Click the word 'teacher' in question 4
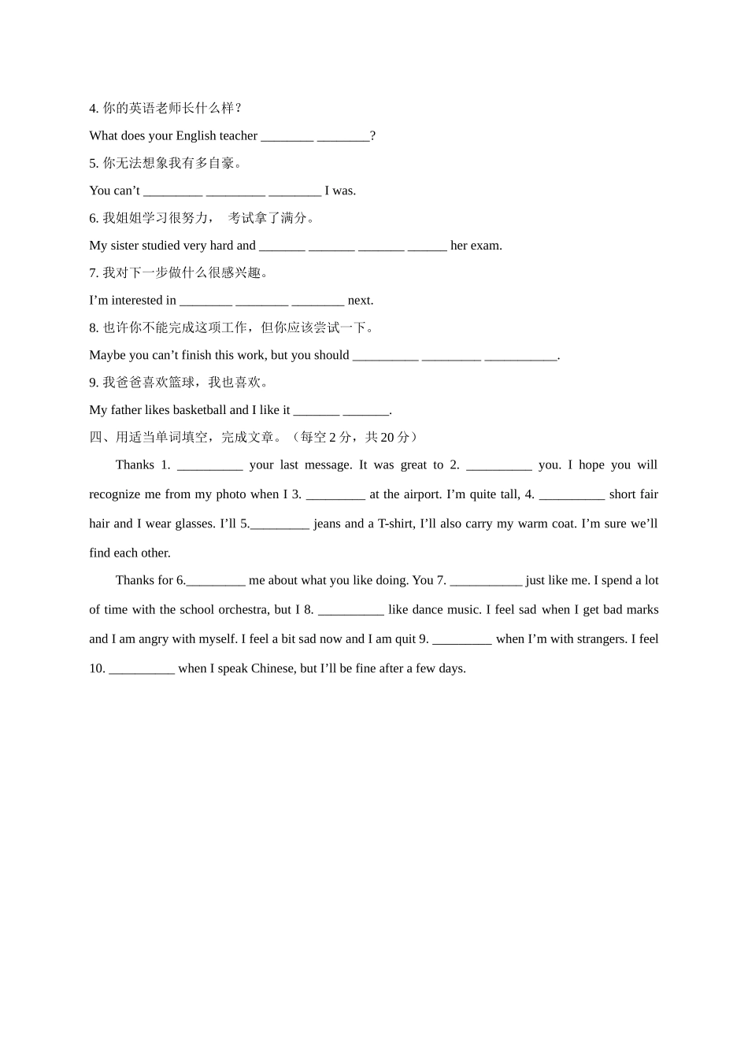pyautogui.click(x=239, y=135)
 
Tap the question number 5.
pyautogui.click(x=93, y=163)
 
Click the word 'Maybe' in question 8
pyautogui.click(x=107, y=355)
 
